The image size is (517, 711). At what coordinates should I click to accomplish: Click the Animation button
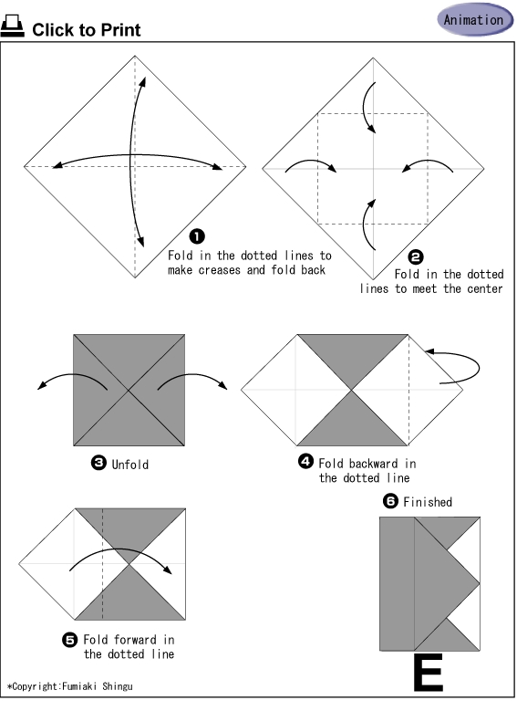[x=475, y=19]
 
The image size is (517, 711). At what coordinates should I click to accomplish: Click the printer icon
[x=12, y=26]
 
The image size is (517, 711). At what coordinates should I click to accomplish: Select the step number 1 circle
[x=197, y=236]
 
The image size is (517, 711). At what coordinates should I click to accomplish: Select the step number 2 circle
[x=416, y=257]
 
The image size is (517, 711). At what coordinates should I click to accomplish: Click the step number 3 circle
[x=98, y=463]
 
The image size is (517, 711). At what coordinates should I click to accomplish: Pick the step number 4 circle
[x=305, y=461]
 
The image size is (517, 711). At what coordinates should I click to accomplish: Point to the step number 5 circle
[x=70, y=640]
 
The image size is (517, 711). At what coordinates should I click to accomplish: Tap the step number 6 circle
[x=390, y=501]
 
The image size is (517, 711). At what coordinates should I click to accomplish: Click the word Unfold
[x=130, y=465]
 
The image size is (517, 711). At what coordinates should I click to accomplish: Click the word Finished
[x=428, y=502]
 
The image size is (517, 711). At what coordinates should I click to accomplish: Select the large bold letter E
[x=429, y=672]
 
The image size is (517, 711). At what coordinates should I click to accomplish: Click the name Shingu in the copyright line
[x=118, y=686]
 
